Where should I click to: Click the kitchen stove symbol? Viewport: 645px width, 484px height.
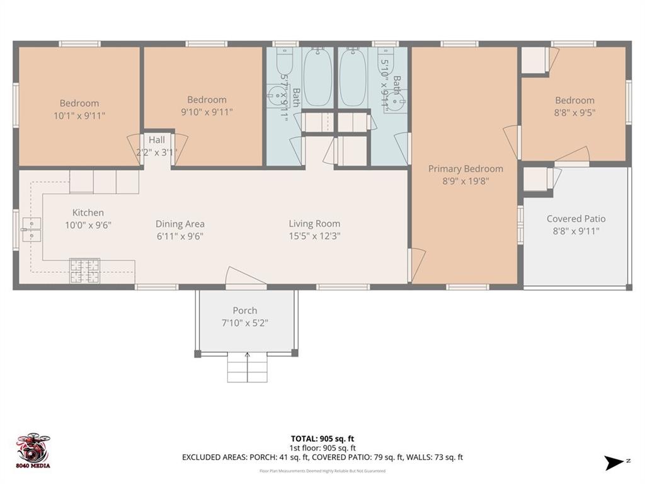pyautogui.click(x=84, y=270)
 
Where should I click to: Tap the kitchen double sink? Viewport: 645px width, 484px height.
pyautogui.click(x=31, y=229)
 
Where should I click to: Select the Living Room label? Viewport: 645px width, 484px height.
pyautogui.click(x=314, y=224)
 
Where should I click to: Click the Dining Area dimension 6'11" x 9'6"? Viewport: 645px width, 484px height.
pyautogui.click(x=180, y=236)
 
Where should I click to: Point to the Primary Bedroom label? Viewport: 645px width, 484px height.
pyautogui.click(x=465, y=168)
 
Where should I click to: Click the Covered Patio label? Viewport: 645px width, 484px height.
pyautogui.click(x=576, y=219)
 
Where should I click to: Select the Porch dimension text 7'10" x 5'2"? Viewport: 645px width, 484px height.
pyautogui.click(x=244, y=323)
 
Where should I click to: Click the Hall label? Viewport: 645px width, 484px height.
pyautogui.click(x=156, y=140)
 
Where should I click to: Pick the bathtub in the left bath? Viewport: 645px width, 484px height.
pyautogui.click(x=318, y=77)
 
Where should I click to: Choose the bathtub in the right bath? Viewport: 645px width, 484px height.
pyautogui.click(x=354, y=77)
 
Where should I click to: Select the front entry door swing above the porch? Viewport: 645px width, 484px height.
pyautogui.click(x=242, y=277)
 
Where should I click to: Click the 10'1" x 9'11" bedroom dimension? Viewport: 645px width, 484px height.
pyautogui.click(x=79, y=115)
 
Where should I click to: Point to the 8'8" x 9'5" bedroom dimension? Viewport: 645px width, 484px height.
pyautogui.click(x=574, y=113)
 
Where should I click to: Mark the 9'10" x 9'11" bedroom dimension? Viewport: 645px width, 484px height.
pyautogui.click(x=207, y=112)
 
